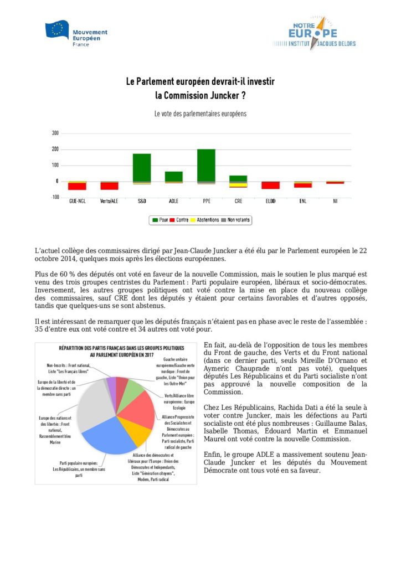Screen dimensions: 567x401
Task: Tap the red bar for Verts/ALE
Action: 109,186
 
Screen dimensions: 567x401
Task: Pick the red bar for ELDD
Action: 270,185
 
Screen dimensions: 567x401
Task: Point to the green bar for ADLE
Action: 174,176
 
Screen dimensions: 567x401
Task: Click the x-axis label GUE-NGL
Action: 77,201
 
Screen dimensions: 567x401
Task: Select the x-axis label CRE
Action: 238,201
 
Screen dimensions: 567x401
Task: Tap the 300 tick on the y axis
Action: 55,133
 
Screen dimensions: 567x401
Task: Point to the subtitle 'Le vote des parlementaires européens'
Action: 200,114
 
